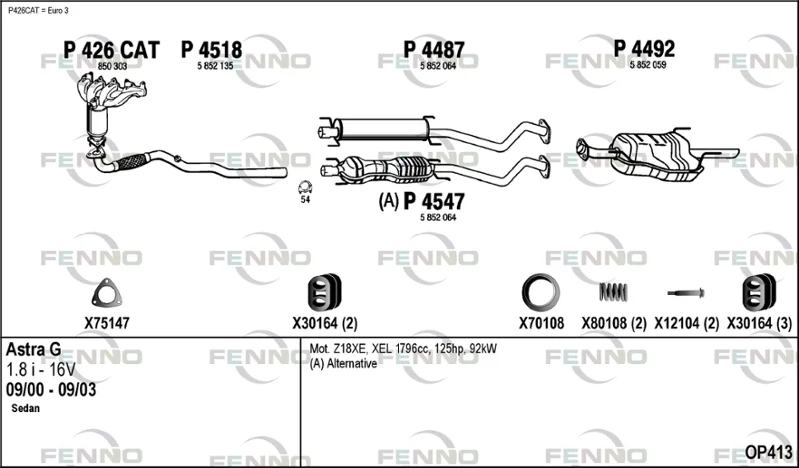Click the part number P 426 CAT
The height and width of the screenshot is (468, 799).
coord(111,50)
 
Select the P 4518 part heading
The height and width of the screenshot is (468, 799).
coord(211,50)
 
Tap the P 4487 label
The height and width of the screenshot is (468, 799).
coord(434,50)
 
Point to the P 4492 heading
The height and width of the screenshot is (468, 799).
coord(644,49)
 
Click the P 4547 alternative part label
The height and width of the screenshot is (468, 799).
coord(434,201)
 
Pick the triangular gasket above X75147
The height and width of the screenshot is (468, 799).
coord(107,293)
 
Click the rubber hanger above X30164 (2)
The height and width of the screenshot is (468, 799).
coord(324,292)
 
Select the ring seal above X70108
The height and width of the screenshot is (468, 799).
coord(541,293)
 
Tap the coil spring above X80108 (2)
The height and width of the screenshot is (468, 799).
coord(613,292)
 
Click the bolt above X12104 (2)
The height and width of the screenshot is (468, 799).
coord(686,293)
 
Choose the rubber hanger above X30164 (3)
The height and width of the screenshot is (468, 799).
coord(759,292)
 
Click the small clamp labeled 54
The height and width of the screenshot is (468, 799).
coord(305,188)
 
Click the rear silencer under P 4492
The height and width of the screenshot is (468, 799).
coord(656,156)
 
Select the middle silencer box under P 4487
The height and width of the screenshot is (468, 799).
coord(383,129)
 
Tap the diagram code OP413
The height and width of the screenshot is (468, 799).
coord(768,452)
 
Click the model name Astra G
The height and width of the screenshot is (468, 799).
coord(34,350)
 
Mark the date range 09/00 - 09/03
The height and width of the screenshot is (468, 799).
coord(51,390)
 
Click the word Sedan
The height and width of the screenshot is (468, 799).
coord(26,408)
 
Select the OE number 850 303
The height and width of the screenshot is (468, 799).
coord(112,66)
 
